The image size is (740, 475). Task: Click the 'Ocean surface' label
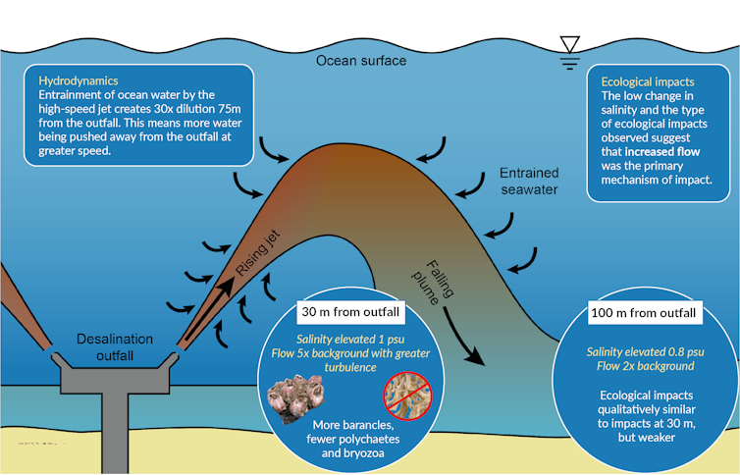coord(360,61)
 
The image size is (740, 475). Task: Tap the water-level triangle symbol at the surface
coord(568,44)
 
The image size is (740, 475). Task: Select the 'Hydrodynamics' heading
coord(78,79)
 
